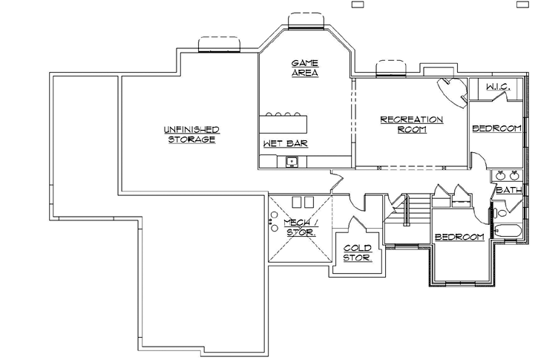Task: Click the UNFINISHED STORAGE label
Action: (191, 134)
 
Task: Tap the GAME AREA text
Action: (304, 68)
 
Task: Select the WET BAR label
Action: (285, 143)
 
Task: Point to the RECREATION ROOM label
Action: (411, 124)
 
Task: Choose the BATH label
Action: (508, 191)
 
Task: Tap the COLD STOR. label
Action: (358, 253)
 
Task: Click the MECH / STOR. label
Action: (300, 227)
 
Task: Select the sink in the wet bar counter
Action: (292, 161)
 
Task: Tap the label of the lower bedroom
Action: (459, 238)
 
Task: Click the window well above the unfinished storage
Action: (219, 45)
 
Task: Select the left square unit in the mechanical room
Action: (295, 202)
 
